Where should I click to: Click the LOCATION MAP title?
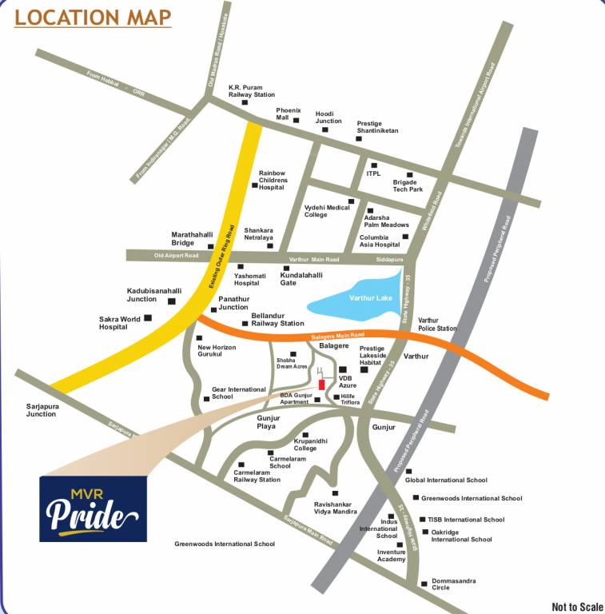pos(93,17)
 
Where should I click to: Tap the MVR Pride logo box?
pos(94,508)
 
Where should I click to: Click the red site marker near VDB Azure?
pos(322,385)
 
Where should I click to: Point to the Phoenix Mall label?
pos(289,113)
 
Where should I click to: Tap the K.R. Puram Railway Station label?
pos(252,90)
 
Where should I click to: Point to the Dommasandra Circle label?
pos(452,584)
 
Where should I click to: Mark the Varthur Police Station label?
pos(437,324)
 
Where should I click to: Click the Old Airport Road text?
pos(176,256)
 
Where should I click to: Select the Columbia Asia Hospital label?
pos(380,241)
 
